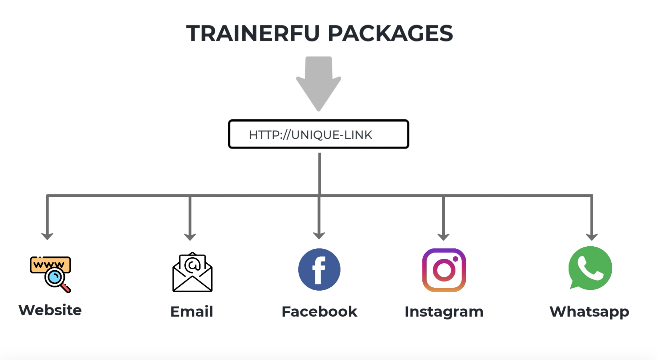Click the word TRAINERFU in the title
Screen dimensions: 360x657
tap(253, 34)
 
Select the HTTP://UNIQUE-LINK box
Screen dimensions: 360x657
tap(318, 134)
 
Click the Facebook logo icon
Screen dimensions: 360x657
tap(319, 269)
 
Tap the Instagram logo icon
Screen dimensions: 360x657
tap(444, 270)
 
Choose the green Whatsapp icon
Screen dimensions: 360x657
tap(590, 268)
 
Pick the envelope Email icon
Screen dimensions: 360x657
tap(192, 272)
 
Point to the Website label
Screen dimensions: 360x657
tap(50, 310)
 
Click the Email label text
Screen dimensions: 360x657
tap(192, 311)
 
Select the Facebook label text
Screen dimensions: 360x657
tap(319, 311)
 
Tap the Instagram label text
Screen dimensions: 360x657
tap(444, 312)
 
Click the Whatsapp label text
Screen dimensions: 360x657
tap(589, 312)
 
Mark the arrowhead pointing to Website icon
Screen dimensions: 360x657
tap(47, 236)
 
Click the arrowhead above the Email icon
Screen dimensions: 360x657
tap(190, 236)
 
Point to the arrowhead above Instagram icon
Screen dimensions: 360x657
tap(443, 236)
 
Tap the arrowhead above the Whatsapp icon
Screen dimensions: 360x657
tap(592, 236)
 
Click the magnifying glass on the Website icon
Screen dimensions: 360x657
tap(55, 278)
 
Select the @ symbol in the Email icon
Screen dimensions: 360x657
tap(192, 264)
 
